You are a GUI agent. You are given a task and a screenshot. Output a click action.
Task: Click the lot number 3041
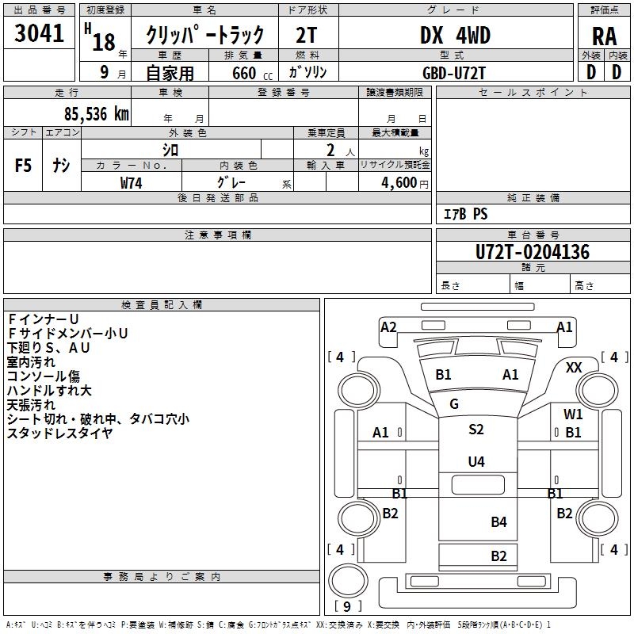(39, 34)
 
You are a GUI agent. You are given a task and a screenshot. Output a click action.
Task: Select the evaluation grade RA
(604, 36)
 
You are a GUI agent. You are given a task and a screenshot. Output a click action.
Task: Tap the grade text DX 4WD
(455, 36)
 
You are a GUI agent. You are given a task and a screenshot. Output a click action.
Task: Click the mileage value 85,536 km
(86, 113)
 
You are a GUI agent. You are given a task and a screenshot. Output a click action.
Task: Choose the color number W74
(132, 183)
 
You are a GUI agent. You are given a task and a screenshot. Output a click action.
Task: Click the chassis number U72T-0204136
(533, 253)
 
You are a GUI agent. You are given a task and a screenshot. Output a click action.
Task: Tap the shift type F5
(24, 166)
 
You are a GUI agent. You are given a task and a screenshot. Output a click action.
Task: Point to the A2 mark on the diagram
(388, 327)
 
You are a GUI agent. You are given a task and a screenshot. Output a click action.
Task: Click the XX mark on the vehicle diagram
(575, 368)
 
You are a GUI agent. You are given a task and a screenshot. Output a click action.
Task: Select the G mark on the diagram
(454, 404)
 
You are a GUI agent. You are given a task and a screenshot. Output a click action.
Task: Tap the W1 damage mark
(573, 414)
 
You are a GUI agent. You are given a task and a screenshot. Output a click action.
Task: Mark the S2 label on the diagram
(475, 430)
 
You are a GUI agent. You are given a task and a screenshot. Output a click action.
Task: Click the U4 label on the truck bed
(475, 462)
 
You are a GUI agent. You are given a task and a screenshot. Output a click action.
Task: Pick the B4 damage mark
(498, 521)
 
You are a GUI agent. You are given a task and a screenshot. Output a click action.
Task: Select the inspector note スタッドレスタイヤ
(59, 433)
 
